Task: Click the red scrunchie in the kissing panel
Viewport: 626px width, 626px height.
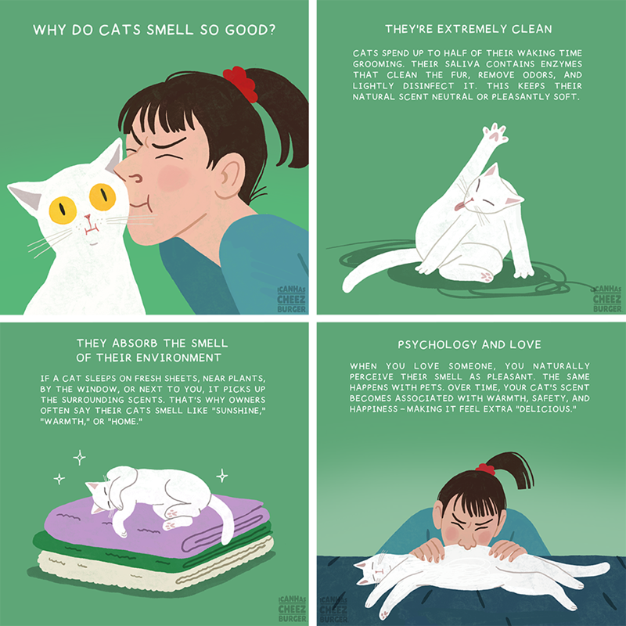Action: (240, 84)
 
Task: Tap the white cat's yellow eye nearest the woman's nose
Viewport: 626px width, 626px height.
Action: (103, 197)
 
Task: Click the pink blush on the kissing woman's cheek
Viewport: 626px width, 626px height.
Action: (173, 178)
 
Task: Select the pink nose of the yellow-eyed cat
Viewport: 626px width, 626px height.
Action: (88, 218)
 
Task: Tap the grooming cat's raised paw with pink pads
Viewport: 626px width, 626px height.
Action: (495, 134)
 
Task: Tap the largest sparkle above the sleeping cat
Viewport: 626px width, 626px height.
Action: (80, 458)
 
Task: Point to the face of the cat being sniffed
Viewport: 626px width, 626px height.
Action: (370, 570)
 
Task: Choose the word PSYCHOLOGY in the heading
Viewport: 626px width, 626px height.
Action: (437, 344)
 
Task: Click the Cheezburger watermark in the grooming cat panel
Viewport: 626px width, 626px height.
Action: (607, 298)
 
